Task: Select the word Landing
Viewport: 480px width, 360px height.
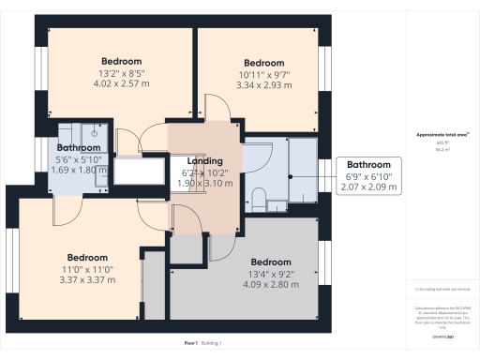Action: coord(204,161)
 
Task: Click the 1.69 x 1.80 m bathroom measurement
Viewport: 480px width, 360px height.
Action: coord(78,171)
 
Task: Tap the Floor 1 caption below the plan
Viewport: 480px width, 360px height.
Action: coord(191,343)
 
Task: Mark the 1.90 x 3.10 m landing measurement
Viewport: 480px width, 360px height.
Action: coord(204,184)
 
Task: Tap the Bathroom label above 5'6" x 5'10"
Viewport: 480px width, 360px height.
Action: coord(78,148)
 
